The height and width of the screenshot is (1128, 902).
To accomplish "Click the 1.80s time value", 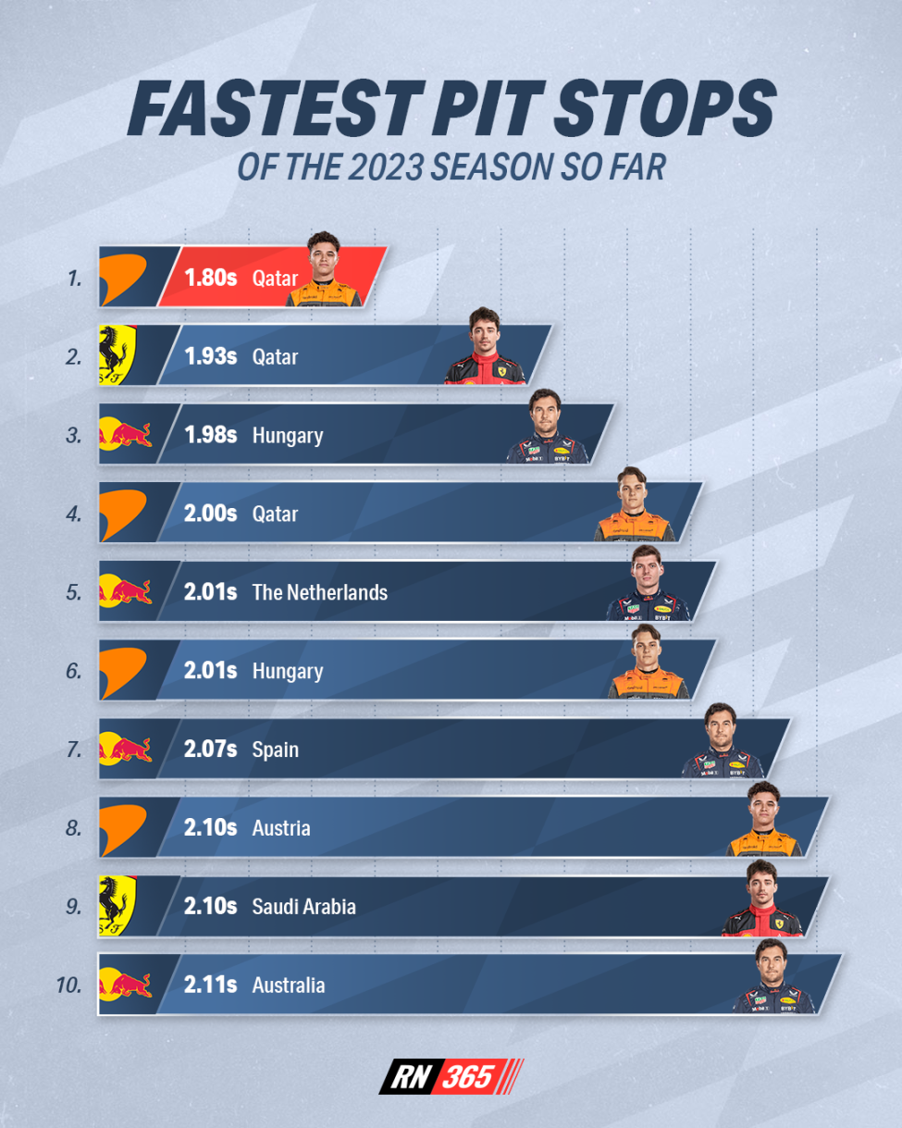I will click(212, 278).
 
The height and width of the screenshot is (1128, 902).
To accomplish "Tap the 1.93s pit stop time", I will click(211, 356).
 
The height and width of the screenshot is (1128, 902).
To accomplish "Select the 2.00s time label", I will click(212, 514).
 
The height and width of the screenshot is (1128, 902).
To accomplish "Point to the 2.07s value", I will click(211, 750).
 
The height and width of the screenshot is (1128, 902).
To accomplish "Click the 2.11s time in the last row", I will click(210, 985).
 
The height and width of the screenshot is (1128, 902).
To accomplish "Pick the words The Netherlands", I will click(319, 592).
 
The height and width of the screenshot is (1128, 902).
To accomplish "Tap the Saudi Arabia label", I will click(303, 907).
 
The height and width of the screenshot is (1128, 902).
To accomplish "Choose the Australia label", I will click(288, 985).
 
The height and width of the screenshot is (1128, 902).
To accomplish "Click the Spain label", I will click(275, 750).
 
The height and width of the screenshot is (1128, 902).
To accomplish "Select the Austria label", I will click(280, 828).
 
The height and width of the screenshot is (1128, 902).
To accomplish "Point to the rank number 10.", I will click(68, 985).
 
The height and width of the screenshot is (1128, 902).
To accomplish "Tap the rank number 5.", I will click(74, 592).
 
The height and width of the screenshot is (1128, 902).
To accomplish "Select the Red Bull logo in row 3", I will click(125, 433).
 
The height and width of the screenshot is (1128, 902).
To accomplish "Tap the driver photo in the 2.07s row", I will click(723, 742).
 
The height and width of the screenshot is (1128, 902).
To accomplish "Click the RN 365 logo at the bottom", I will click(451, 1076).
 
